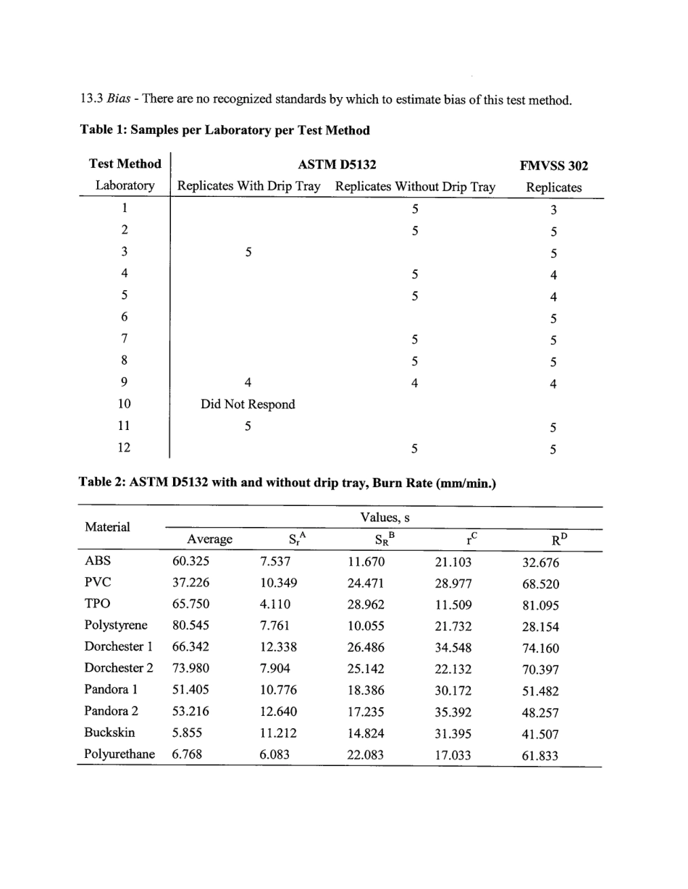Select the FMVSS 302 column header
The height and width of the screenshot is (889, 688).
553,166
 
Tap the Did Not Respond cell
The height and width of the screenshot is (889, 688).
248,405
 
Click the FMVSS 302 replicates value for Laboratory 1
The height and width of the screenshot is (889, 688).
553,211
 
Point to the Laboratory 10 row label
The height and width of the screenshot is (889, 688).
125,404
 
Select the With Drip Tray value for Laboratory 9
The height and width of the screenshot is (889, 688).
248,383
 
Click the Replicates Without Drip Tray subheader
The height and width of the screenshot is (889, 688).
415,187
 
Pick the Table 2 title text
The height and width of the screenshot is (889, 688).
288,483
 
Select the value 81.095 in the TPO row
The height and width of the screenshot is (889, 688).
540,606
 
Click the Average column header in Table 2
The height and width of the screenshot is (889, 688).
209,539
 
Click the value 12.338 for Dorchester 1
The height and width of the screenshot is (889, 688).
278,648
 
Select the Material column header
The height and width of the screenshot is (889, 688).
107,527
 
